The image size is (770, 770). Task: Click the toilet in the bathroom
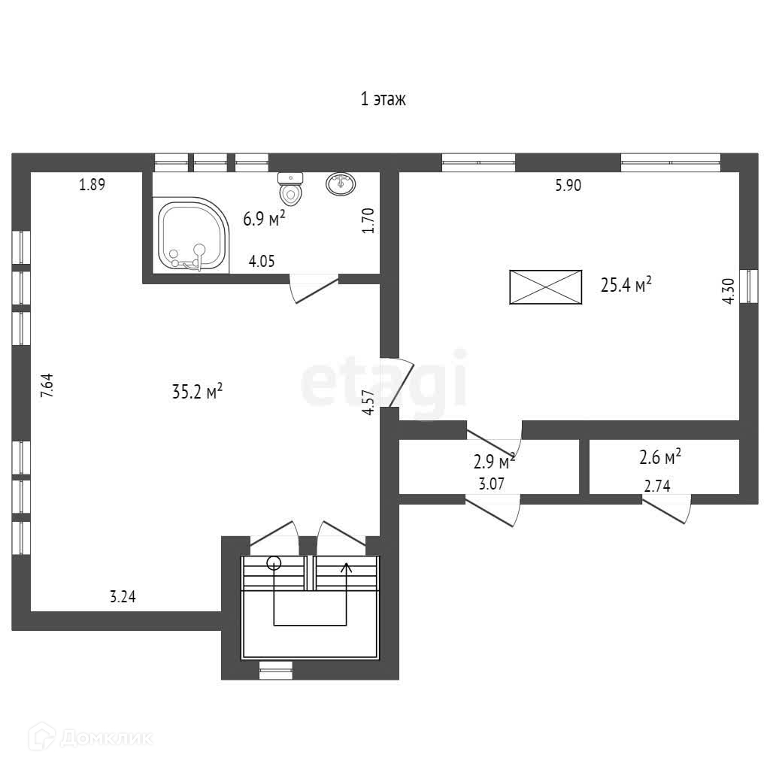pos(291,189)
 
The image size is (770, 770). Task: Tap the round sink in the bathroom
pos(341,183)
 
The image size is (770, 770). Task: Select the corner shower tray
pos(191,235)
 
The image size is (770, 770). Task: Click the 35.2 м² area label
pos(198,391)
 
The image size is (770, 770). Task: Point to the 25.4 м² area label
pos(626,283)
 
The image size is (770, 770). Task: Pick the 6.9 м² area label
pos(264,218)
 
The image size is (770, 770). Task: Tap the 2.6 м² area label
pos(660,457)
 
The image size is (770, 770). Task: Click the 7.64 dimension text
pos(47,386)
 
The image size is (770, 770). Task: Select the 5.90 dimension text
pos(568,185)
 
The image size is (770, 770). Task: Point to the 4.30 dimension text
pos(729,291)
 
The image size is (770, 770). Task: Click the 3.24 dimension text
pos(123,596)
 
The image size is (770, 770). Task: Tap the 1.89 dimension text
pos(92,185)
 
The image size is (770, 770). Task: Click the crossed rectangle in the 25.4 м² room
pos(546,287)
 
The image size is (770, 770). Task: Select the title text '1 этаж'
pos(383,99)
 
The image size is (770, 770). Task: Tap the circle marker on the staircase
pos(274,562)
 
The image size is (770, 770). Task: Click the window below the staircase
pos(275,670)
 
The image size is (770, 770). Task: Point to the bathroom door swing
pos(314,288)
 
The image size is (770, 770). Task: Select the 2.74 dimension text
pos(657,486)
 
